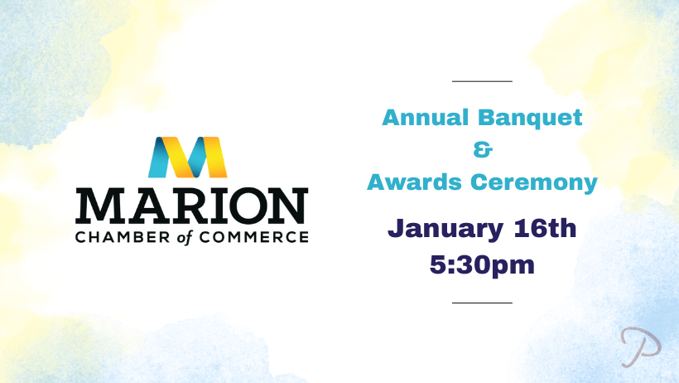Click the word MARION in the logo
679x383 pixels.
click(192, 206)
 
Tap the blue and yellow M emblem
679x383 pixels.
click(187, 157)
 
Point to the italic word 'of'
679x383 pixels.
click(185, 238)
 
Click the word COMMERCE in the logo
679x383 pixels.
click(253, 237)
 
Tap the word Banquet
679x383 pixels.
click(530, 119)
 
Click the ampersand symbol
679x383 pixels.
click(483, 150)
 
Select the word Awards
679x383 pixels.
click(414, 182)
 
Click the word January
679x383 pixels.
click(445, 230)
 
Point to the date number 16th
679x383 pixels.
click(545, 228)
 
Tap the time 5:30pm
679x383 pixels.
click(482, 265)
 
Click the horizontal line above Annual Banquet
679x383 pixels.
click(482, 81)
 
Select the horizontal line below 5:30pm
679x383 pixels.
click(482, 303)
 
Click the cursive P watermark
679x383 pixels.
click(640, 347)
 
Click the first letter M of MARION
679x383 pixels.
click(97, 206)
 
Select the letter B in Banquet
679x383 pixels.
click(487, 118)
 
